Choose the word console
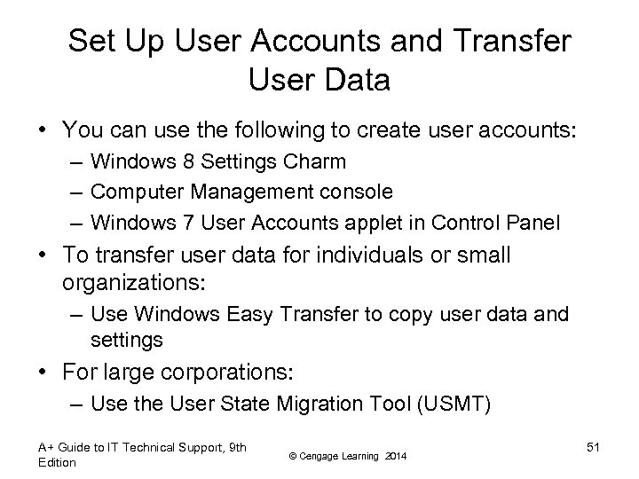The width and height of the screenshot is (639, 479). [x=360, y=192]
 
